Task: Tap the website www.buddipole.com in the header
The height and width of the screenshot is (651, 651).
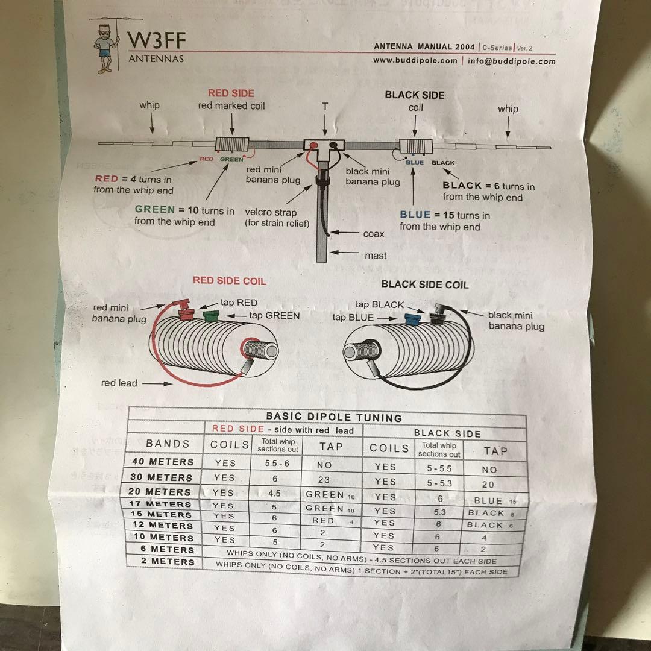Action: (415, 61)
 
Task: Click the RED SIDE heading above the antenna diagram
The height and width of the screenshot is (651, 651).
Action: (231, 93)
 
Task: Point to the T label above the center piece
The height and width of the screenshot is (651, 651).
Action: (325, 106)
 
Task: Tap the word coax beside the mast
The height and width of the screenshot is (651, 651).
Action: (373, 234)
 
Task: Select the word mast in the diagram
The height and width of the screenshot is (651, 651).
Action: (376, 256)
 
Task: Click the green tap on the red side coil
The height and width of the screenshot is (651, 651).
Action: (210, 315)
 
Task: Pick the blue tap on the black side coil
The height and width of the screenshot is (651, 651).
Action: (414, 319)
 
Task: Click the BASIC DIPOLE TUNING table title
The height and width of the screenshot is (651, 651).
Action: (334, 417)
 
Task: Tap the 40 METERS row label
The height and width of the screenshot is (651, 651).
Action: (163, 462)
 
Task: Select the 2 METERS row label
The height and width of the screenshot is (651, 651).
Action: (164, 561)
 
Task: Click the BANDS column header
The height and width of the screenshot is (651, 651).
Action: (168, 444)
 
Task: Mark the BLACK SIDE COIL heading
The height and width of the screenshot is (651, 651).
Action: (424, 285)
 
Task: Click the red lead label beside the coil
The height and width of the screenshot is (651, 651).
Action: (119, 383)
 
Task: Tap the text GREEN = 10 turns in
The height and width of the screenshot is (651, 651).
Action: (184, 211)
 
